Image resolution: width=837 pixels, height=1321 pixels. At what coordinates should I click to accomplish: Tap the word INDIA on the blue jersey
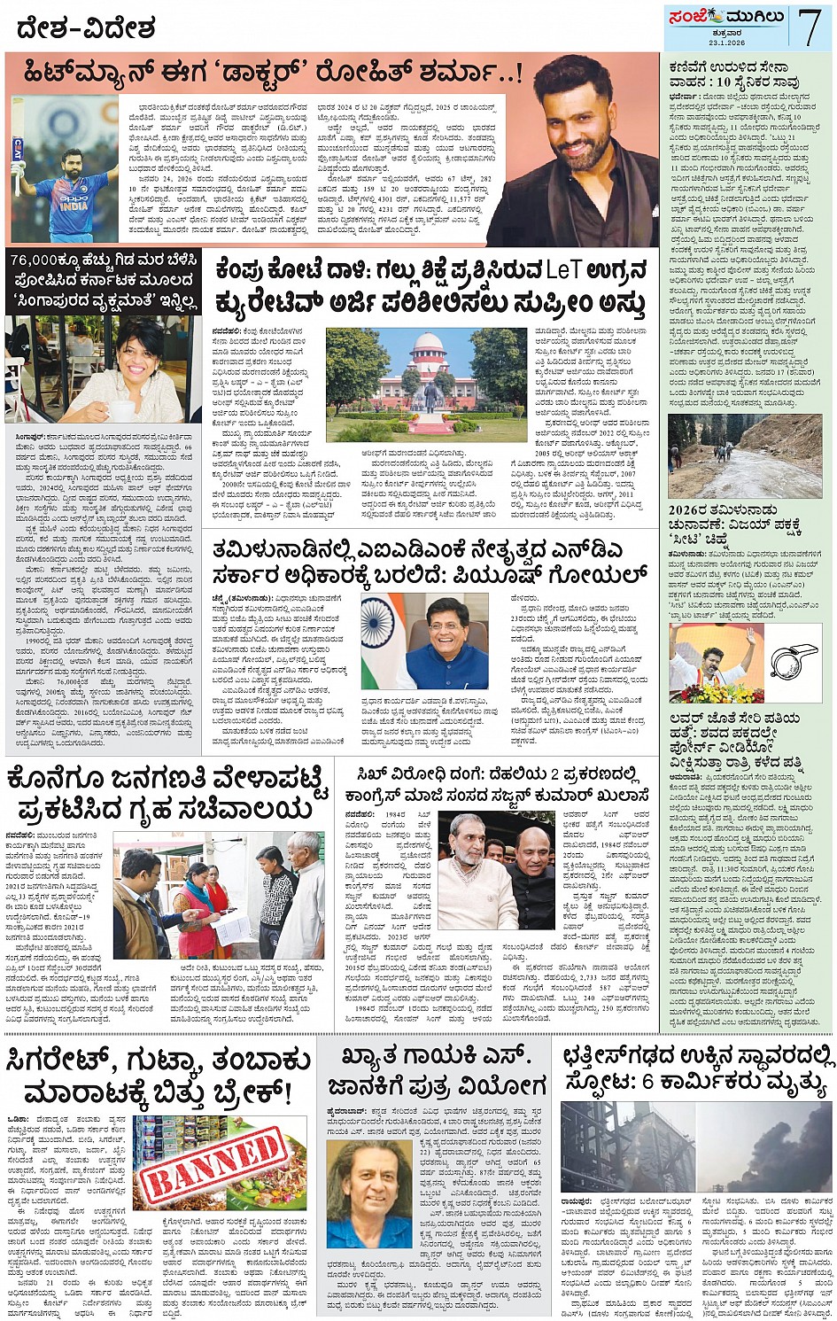coord(75,206)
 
